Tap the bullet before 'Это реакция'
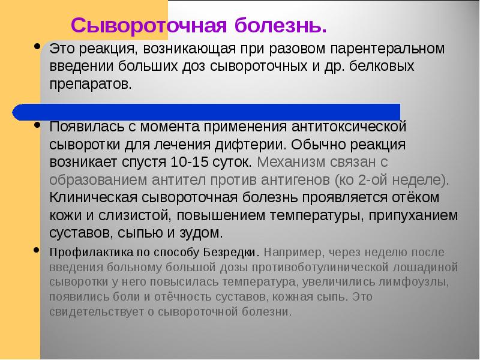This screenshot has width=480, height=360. pos(37,46)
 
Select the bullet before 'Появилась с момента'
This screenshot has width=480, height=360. pos(37,126)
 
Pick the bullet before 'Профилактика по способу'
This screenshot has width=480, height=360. pos(37,251)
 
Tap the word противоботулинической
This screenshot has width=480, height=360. pos(314,266)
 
